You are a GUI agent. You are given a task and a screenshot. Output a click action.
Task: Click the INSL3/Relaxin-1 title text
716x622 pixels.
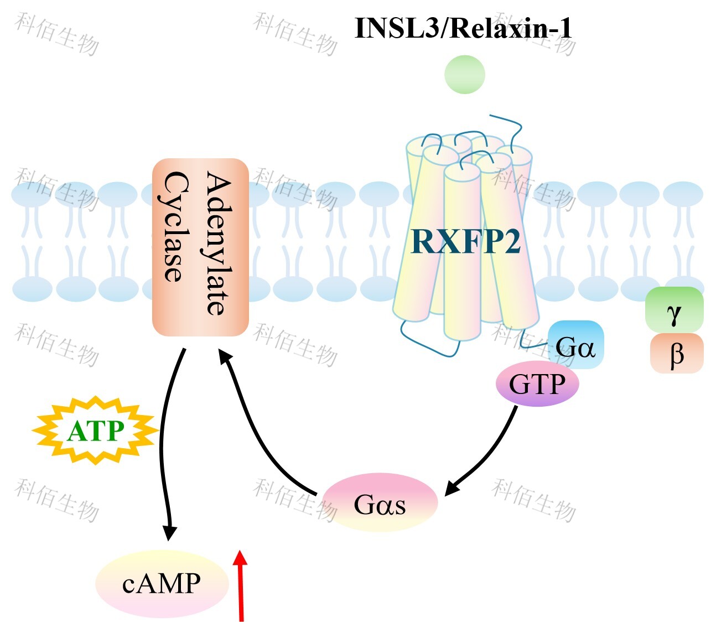[x=463, y=28]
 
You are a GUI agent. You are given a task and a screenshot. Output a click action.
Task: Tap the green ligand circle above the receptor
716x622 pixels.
[x=465, y=74]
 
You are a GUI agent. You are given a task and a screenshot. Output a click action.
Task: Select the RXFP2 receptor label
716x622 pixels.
[x=466, y=241]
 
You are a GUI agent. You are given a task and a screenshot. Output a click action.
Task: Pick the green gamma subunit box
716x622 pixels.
[x=674, y=310]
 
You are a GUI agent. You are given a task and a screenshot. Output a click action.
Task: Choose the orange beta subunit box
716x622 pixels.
[x=676, y=353]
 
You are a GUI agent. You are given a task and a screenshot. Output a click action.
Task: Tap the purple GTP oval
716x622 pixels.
[x=537, y=384]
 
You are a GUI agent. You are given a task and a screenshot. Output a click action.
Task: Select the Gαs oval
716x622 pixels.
[x=380, y=502]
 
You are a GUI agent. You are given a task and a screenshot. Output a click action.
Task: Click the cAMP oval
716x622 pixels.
[x=162, y=583]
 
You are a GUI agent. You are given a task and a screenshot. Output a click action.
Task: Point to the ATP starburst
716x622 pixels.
[x=95, y=431]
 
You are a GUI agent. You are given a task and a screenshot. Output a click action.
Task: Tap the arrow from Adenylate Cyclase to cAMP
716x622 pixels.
[x=164, y=443]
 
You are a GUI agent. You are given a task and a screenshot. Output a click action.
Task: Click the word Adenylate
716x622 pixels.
[x=219, y=243]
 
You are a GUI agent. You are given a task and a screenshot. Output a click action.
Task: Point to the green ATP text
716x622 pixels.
[x=95, y=431]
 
